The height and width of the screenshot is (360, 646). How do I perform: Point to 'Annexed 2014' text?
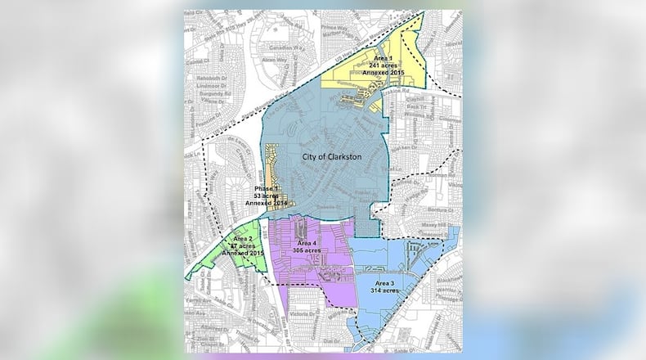click(x=268, y=205)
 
